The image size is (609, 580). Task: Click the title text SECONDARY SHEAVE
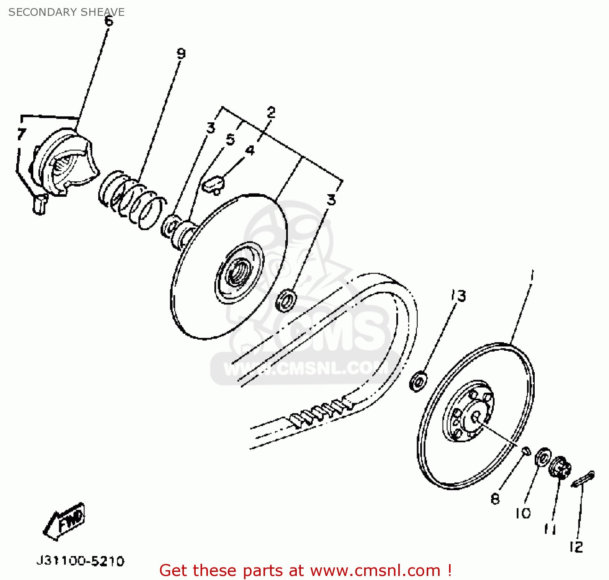coord(66,12)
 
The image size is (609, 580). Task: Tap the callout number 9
coord(181,53)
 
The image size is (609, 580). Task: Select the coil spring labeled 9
coord(132,199)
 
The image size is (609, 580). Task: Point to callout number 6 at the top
coord(109,21)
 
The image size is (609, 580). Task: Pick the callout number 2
coord(271,112)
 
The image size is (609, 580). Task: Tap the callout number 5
coord(231,139)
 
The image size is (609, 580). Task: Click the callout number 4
coord(250,150)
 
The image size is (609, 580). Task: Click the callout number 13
coord(459,295)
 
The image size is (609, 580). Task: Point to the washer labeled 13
coord(418,381)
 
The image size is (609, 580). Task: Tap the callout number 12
coord(576,547)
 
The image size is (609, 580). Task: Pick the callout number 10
coord(523,513)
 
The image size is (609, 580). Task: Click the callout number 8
coord(495,498)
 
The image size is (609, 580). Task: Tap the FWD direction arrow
coord(65,521)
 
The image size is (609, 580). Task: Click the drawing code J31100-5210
coord(80,561)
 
